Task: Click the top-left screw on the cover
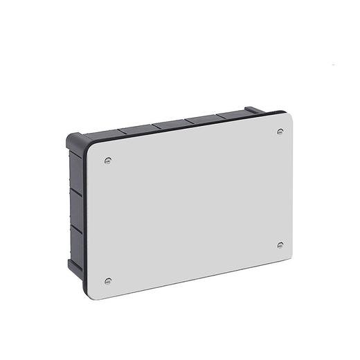[x=107, y=161]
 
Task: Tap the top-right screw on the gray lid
[x=280, y=131]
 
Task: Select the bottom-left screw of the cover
[x=107, y=280]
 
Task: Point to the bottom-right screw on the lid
[x=280, y=244]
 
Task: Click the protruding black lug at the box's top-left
[x=74, y=139]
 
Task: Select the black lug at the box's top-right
[x=254, y=109]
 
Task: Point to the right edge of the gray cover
[x=291, y=187]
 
